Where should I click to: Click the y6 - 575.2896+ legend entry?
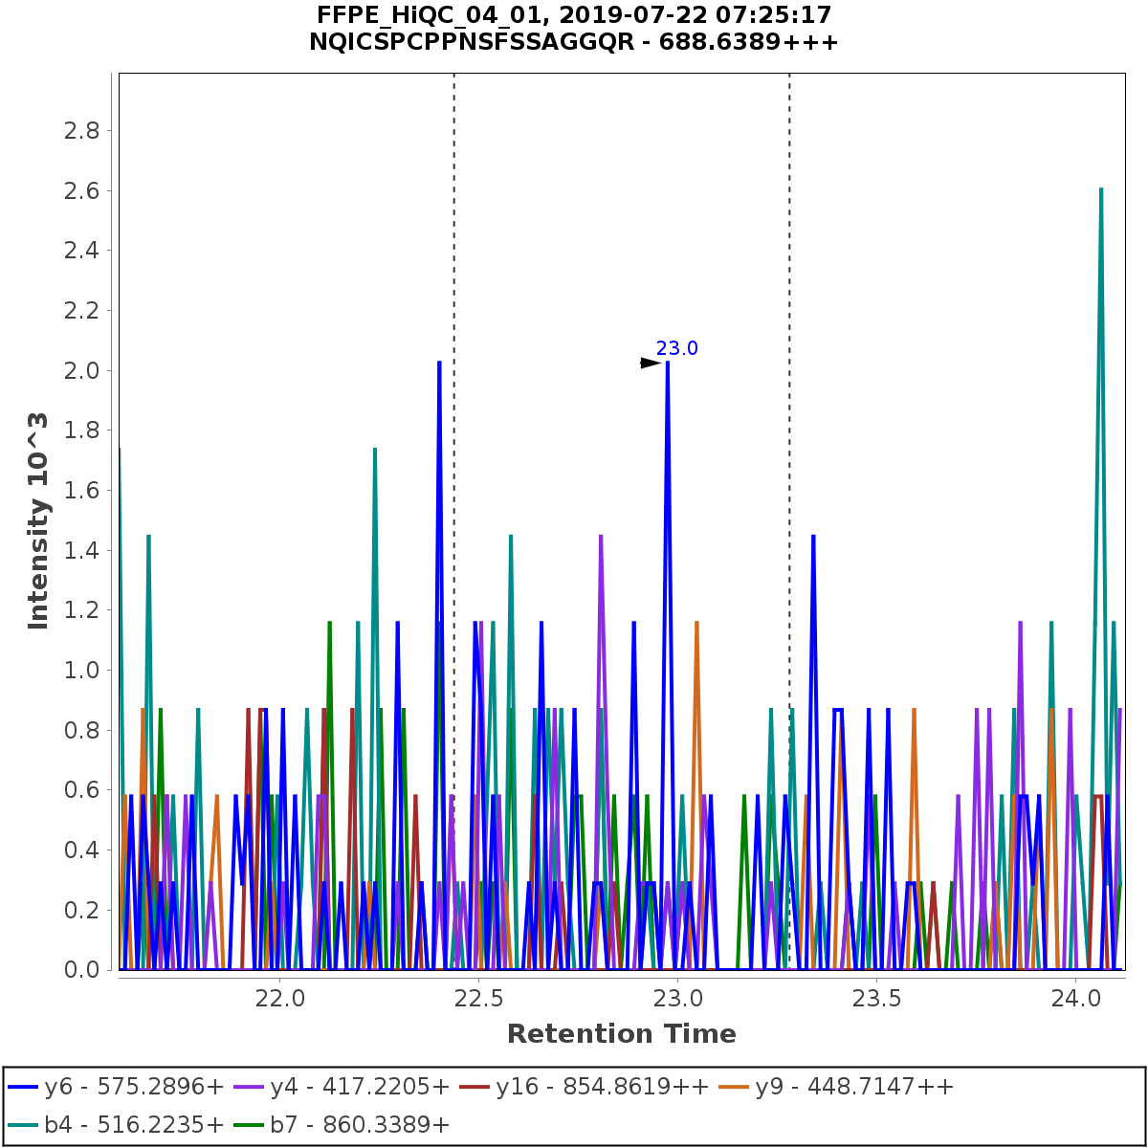116,1087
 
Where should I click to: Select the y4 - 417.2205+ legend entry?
360,1087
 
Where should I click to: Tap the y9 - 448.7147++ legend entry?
854,1087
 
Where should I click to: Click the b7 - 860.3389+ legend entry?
360,1124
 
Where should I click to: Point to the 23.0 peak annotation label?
677,349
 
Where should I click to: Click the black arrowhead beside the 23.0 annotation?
651,363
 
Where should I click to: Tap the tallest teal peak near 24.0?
1101,189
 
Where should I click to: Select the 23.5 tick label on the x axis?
877,1001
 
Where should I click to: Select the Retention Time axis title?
622,1034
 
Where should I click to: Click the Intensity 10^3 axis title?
38,520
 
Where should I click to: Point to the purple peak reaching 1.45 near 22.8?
601,537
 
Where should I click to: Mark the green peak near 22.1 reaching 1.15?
329,624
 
